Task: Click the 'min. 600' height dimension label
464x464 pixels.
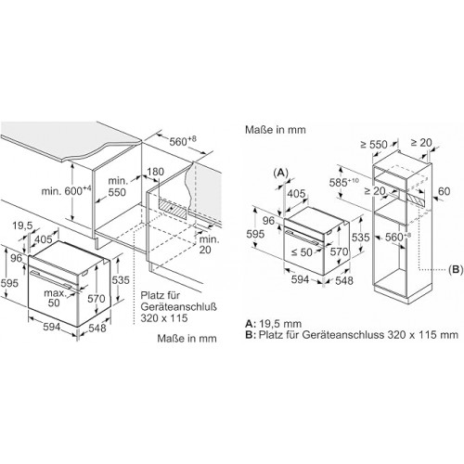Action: (67, 190)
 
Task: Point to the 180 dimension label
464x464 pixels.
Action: (155, 172)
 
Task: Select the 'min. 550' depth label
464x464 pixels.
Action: (117, 187)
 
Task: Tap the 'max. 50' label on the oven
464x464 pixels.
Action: (54, 297)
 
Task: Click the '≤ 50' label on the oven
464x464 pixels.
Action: (302, 252)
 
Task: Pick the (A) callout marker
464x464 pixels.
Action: (281, 173)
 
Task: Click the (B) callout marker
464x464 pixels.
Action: (456, 269)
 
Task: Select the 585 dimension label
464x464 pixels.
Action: (344, 182)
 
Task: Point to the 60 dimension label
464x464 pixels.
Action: (444, 191)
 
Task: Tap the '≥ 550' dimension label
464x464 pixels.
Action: (374, 144)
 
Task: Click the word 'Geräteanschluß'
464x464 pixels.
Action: (179, 306)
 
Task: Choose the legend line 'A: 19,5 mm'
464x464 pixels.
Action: (274, 324)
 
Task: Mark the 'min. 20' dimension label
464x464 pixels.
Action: (209, 244)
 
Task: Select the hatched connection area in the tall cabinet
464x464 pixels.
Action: (416, 200)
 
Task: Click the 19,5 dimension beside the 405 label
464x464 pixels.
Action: (22, 226)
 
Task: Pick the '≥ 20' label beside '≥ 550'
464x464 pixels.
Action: (421, 143)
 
